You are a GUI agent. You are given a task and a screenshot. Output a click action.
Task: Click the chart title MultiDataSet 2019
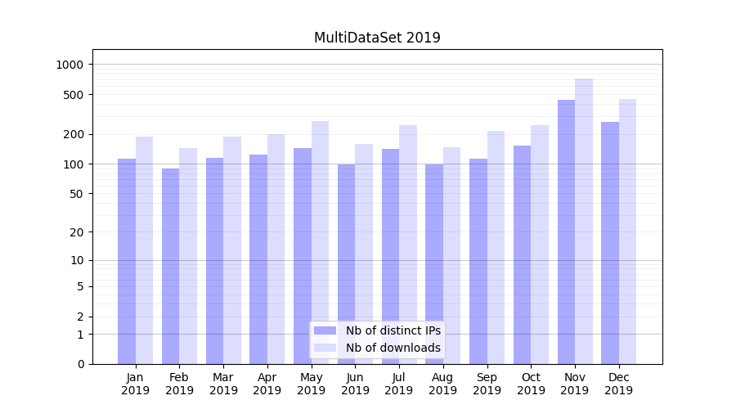377,38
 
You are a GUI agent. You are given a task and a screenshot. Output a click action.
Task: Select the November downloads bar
584,221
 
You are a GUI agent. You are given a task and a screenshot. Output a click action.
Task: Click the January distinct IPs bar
127,261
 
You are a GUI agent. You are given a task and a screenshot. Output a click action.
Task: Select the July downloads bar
408,245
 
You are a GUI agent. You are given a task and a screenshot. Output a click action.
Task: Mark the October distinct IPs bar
523,254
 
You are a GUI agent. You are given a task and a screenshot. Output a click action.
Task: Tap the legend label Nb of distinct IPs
393,330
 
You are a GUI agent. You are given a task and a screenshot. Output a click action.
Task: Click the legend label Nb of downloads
393,348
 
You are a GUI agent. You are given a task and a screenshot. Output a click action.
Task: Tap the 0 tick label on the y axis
80,364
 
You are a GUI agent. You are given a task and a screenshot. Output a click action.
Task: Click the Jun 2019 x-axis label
355,384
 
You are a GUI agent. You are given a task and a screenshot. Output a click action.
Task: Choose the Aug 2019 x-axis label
443,384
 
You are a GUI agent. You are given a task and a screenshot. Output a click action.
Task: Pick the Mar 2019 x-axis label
223,384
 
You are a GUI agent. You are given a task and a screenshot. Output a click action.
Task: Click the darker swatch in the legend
325,330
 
